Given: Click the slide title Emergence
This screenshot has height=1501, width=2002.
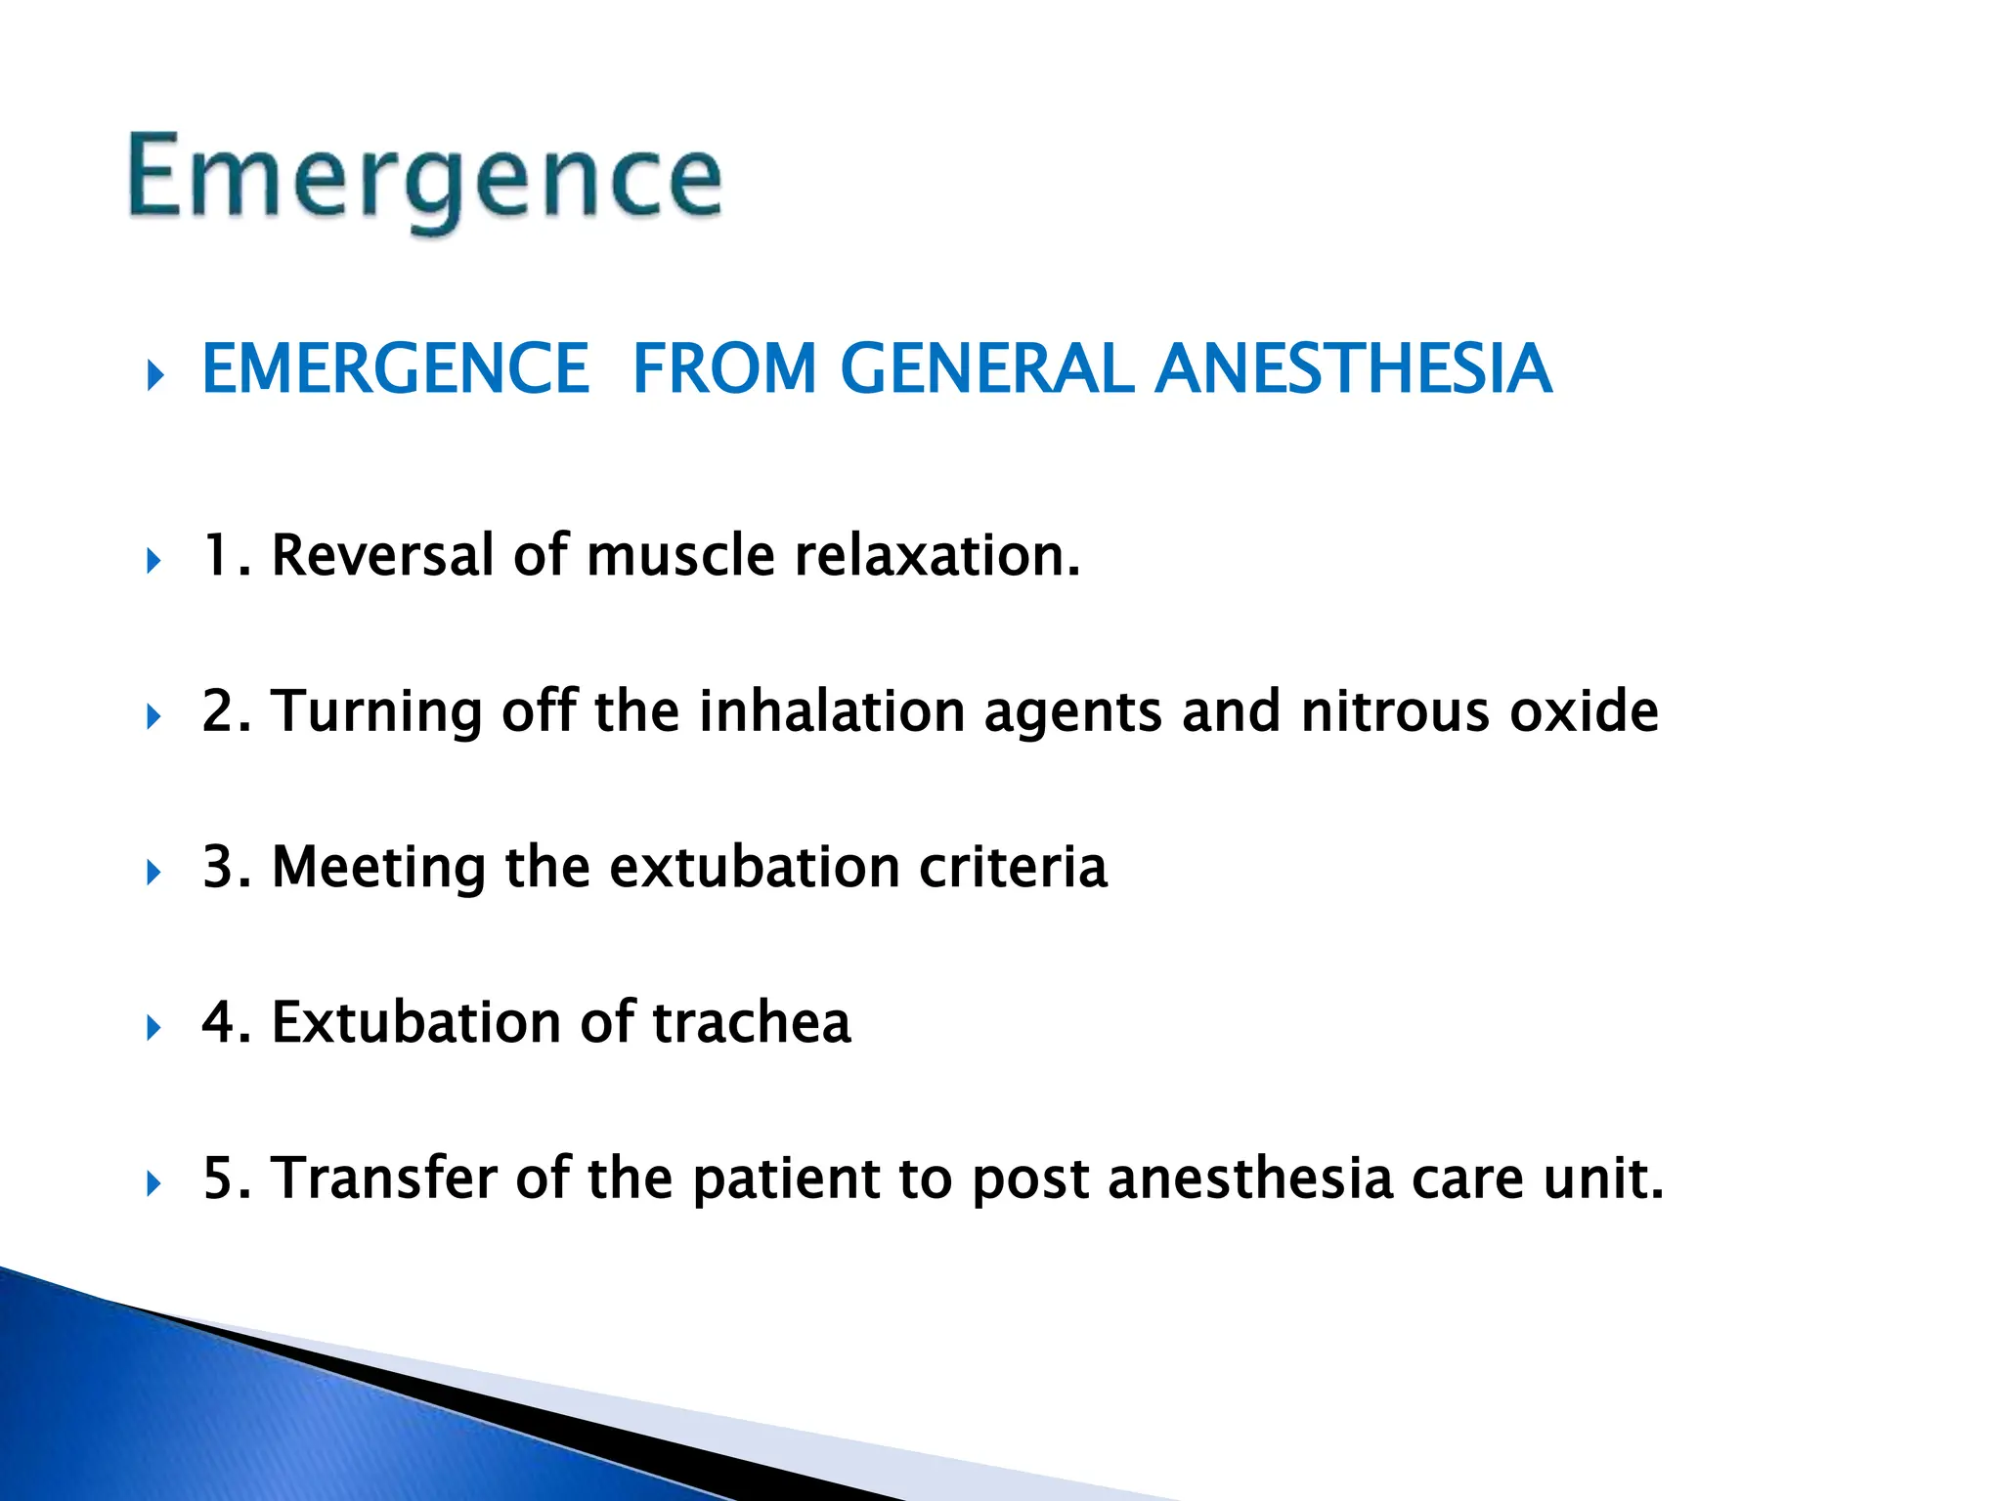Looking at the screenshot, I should point(425,178).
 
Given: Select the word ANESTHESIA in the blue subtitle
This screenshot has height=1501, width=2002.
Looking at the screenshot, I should point(1353,369).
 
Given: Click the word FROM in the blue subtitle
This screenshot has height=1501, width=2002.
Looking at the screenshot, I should point(724,369).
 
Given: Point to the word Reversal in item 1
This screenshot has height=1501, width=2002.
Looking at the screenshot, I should point(383,555).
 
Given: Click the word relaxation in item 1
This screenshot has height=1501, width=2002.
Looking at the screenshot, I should point(936,555).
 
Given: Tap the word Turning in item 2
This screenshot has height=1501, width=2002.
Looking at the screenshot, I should point(376,710).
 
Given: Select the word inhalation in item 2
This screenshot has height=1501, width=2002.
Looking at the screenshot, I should point(832,710).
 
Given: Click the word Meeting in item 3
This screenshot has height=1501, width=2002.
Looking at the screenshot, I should point(378,867).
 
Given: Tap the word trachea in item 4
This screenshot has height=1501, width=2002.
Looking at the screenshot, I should point(751,1022).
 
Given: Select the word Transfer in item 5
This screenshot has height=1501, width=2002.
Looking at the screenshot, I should point(384,1178).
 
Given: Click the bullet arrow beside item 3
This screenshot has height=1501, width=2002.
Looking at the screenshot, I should point(153,872).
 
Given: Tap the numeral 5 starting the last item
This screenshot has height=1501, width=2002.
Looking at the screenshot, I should point(216,1178).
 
